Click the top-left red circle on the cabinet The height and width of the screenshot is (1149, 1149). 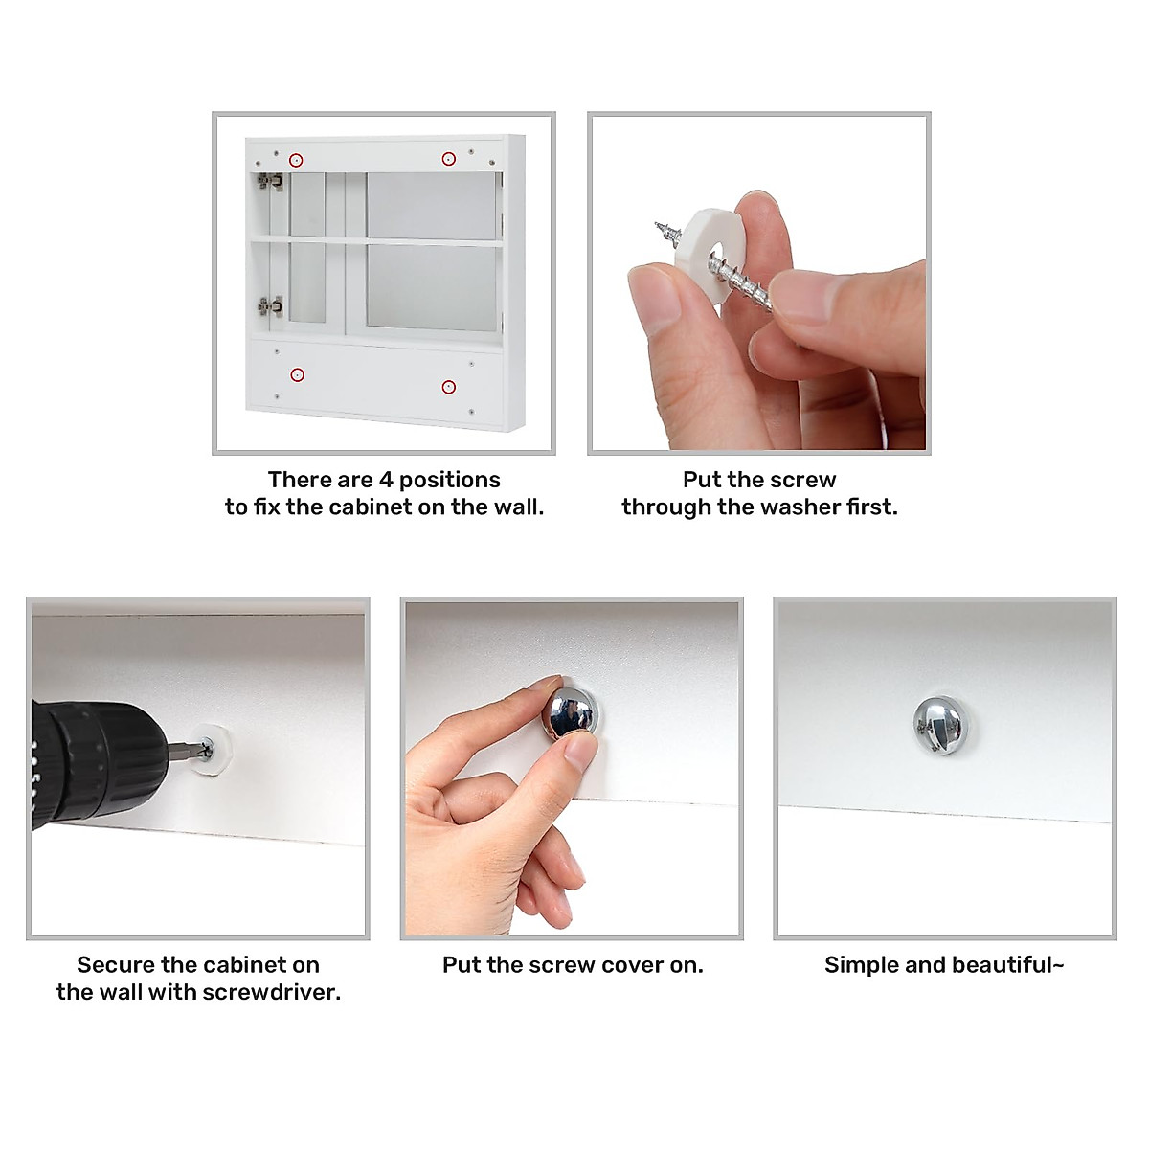[x=296, y=160]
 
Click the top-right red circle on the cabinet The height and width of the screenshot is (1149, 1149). [x=448, y=159]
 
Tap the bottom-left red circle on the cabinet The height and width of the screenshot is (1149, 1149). [x=297, y=374]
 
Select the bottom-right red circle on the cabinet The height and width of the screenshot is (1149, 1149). [x=448, y=387]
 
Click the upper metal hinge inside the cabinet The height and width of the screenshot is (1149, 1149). [x=270, y=181]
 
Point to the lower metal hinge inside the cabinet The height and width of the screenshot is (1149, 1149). [x=271, y=306]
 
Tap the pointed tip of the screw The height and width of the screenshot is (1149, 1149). [x=657, y=224]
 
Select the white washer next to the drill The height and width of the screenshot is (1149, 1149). [x=214, y=749]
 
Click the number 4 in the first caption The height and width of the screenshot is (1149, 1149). [x=387, y=480]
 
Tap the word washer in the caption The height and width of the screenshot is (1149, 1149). [x=800, y=507]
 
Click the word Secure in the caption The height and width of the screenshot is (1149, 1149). [x=115, y=965]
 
